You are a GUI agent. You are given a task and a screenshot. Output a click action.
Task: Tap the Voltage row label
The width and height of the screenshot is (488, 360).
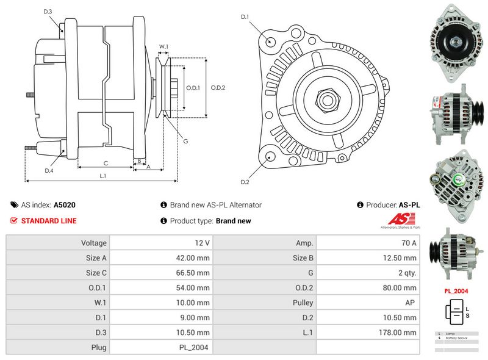(x=94, y=243)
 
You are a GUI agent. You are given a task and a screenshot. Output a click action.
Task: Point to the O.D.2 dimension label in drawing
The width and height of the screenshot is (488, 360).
(x=218, y=88)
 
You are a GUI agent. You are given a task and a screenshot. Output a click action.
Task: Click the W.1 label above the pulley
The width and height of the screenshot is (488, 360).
(x=163, y=47)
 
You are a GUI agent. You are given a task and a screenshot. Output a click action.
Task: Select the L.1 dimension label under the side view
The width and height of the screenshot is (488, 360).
(x=103, y=176)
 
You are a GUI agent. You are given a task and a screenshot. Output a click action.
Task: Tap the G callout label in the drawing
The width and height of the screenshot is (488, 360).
(x=185, y=141)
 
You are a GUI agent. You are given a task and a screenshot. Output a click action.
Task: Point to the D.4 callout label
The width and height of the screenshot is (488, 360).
(x=49, y=171)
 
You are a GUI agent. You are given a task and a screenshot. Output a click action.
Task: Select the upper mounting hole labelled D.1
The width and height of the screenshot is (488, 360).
(x=270, y=41)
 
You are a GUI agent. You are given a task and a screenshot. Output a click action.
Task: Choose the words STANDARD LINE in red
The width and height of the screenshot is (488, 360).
(x=49, y=221)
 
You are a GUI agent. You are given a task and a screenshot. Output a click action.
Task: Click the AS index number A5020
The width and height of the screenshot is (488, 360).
(x=65, y=206)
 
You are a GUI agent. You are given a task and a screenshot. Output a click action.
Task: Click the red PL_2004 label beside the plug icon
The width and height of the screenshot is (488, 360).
(x=456, y=291)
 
